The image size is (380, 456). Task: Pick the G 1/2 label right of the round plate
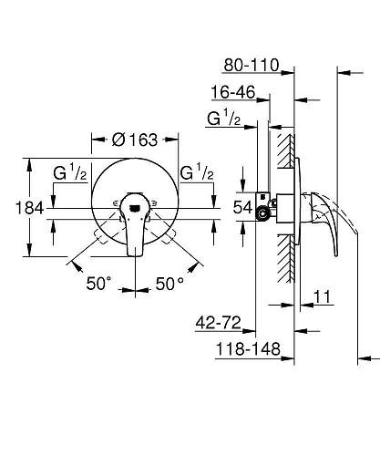[x=198, y=172]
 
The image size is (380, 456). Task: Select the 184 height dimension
[x=17, y=208]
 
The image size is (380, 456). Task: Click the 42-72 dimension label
[x=221, y=322]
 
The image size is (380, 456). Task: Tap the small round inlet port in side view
[x=265, y=213]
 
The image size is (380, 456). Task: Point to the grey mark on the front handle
[x=134, y=208]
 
